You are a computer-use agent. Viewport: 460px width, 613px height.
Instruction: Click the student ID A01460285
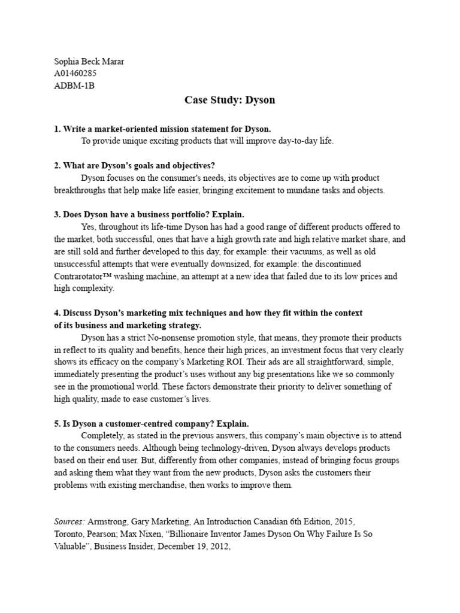pyautogui.click(x=75, y=74)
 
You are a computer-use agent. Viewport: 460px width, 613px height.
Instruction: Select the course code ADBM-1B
pyautogui.click(x=74, y=86)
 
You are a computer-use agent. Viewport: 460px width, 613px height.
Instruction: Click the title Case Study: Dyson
pyautogui.click(x=230, y=101)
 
